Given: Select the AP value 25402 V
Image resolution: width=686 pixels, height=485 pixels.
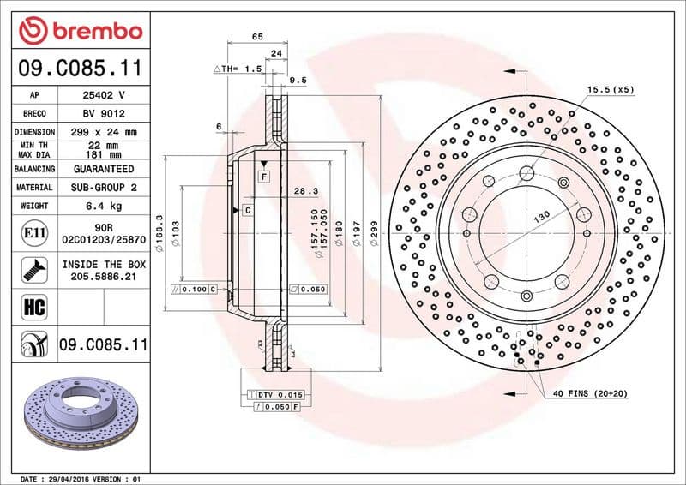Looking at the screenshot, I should point(104,94).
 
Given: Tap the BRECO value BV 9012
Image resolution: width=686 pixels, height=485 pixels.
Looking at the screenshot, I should point(104,113).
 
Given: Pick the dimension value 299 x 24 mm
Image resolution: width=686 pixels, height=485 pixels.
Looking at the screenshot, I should point(104,132).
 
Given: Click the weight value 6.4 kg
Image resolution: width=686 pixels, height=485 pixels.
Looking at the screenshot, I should point(104,206).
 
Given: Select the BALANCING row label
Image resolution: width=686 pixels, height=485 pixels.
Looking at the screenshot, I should point(35,169).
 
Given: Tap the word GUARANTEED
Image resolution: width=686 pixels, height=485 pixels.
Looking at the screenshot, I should point(104,169).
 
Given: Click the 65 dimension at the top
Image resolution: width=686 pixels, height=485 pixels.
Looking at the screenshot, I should point(256,36).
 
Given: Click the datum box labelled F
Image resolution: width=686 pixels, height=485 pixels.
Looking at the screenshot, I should point(264,176).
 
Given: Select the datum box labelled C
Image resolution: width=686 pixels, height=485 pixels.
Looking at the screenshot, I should point(247,210).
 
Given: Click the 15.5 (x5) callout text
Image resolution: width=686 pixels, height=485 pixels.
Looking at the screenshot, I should point(611,89).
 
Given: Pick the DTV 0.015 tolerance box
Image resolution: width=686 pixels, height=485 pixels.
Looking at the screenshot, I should point(275,393).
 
